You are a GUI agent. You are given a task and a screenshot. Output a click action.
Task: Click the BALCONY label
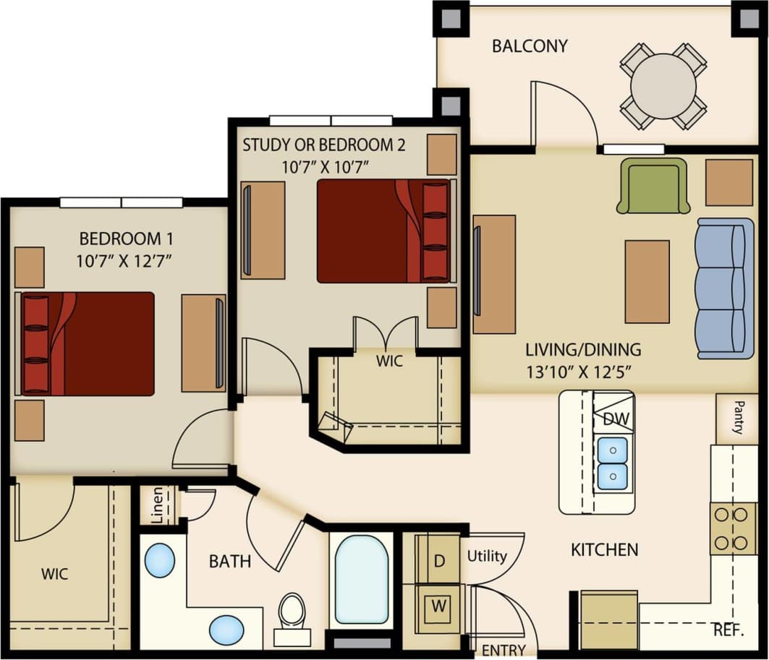(530, 46)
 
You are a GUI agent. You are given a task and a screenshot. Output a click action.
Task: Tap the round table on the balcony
(663, 85)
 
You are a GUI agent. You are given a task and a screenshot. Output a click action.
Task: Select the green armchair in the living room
(653, 187)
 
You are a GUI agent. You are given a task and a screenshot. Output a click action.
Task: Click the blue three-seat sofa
(723, 288)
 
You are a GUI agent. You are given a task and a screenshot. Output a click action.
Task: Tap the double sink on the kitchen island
(612, 463)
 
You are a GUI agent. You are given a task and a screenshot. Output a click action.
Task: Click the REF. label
(728, 629)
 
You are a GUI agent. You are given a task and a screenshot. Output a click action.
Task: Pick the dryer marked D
(439, 559)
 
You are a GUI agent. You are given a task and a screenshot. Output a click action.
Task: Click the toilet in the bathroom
(292, 614)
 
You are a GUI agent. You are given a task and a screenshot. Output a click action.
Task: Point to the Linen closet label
(157, 504)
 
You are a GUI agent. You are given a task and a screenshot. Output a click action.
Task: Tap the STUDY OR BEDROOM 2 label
(323, 144)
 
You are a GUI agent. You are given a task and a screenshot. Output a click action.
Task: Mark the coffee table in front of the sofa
(647, 281)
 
